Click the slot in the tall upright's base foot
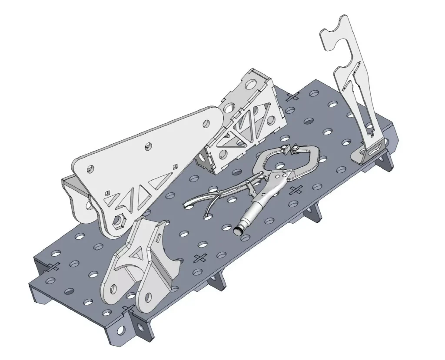[x=372, y=152]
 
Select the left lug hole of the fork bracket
[x=114, y=287]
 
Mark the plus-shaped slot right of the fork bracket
[x=199, y=258]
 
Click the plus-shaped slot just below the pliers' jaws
[x=296, y=189]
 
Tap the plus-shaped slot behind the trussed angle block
[x=293, y=96]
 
